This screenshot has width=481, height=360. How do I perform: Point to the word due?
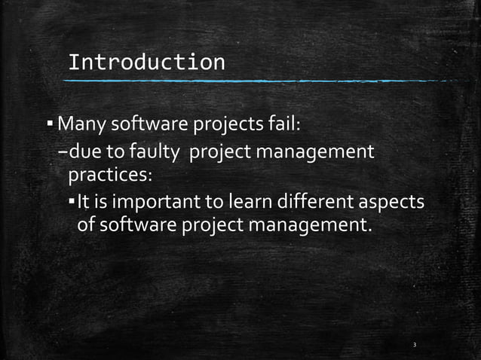coord(84,153)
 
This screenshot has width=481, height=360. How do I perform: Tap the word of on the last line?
coord(86,225)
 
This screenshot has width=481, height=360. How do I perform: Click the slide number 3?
coord(415,345)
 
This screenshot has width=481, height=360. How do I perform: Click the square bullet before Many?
coord(50,122)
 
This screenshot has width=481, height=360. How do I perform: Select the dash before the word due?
coord(63,154)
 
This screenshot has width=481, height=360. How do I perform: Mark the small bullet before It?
coord(72,203)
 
